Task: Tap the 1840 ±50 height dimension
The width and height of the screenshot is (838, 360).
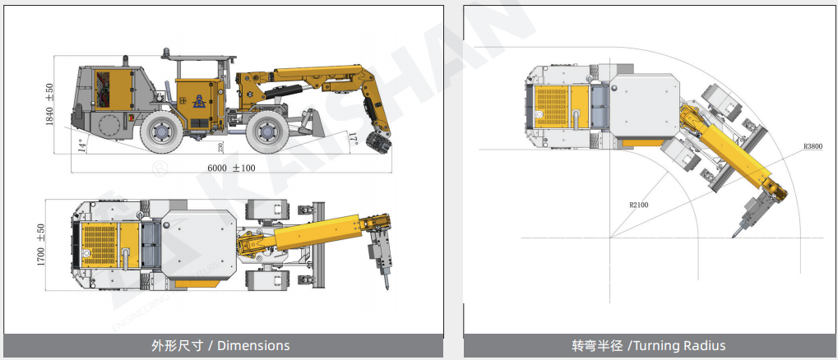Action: [49, 104]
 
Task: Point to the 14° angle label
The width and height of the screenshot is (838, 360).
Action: [81, 145]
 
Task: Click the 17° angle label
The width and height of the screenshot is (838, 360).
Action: [354, 136]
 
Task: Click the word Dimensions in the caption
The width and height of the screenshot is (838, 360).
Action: [253, 345]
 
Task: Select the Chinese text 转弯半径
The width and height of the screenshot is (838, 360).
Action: [597, 345]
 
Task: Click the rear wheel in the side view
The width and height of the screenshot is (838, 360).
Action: [162, 132]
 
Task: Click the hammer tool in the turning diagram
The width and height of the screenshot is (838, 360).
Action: [749, 218]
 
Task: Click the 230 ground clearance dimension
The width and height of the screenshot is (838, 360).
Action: [220, 146]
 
